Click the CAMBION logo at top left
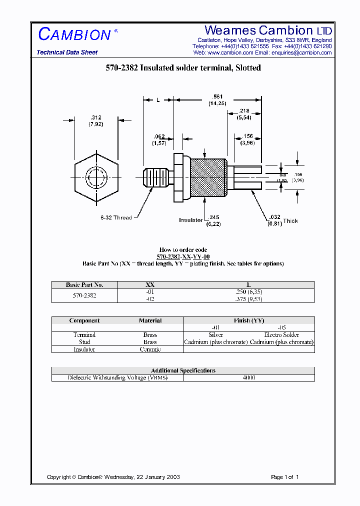coord(74,34)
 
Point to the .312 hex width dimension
coord(95,120)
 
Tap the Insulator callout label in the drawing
coord(190,220)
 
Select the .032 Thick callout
coord(281,220)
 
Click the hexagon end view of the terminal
coord(96,177)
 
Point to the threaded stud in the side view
coord(157,177)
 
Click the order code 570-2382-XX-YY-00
coord(183,256)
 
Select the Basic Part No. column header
coord(84,284)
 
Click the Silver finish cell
coord(215,335)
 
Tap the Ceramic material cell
coord(150,349)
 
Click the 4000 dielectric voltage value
coord(248,378)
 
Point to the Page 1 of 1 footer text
coord(284,477)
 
